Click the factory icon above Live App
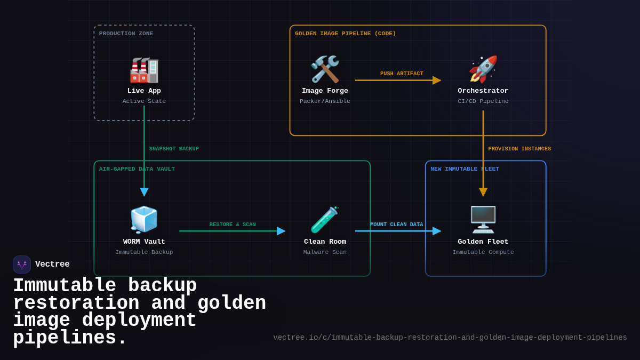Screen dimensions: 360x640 click(x=144, y=70)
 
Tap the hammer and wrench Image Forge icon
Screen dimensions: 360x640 click(x=325, y=69)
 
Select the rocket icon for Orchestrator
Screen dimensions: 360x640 click(x=483, y=69)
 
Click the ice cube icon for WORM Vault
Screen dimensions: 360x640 click(x=144, y=220)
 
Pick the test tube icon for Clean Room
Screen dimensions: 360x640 click(x=325, y=220)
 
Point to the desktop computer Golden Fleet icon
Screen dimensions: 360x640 click(x=483, y=219)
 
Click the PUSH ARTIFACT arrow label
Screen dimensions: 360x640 click(x=402, y=74)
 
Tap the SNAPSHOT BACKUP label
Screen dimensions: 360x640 click(x=174, y=149)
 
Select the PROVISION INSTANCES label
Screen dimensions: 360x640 click(x=519, y=149)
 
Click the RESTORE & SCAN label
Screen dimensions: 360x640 click(x=233, y=225)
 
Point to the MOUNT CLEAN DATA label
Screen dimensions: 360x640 click(x=396, y=225)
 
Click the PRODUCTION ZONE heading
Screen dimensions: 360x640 click(x=126, y=34)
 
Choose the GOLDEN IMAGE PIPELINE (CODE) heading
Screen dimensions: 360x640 click(x=345, y=34)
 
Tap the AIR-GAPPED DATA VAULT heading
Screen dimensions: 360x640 click(x=137, y=169)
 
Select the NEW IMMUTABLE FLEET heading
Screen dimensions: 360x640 click(x=465, y=169)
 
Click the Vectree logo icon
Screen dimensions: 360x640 click(x=22, y=265)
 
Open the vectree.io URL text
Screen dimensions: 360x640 click(x=450, y=338)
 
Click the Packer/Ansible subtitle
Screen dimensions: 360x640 click(x=325, y=101)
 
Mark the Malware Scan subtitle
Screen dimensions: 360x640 click(x=325, y=252)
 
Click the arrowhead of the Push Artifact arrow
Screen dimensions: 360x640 click(x=437, y=81)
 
